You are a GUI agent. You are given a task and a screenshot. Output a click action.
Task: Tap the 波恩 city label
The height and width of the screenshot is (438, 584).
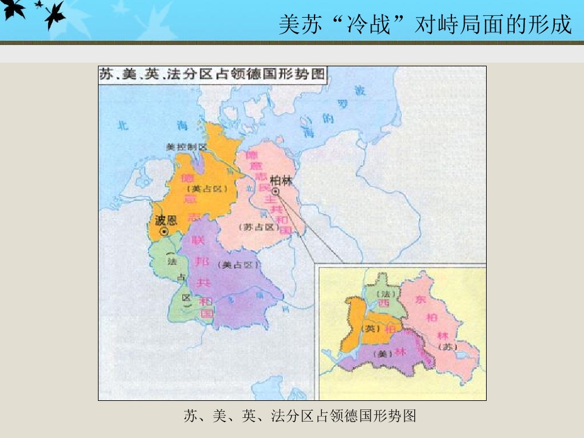(166, 219)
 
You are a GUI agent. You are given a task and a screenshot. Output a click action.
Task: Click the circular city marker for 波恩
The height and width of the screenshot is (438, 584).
(163, 232)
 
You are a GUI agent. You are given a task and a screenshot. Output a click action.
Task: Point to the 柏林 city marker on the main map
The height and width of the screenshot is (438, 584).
(276, 192)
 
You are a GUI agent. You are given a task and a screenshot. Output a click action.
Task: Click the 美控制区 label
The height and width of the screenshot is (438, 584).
(187, 147)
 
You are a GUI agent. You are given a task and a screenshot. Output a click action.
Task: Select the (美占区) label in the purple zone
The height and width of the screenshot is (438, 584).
(238, 265)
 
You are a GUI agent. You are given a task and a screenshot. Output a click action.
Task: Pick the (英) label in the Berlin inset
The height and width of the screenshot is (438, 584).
(370, 328)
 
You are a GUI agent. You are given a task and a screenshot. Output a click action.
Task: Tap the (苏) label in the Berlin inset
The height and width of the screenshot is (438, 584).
(449, 347)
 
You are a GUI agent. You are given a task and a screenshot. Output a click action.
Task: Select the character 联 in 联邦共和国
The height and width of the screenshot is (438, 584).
(196, 240)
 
